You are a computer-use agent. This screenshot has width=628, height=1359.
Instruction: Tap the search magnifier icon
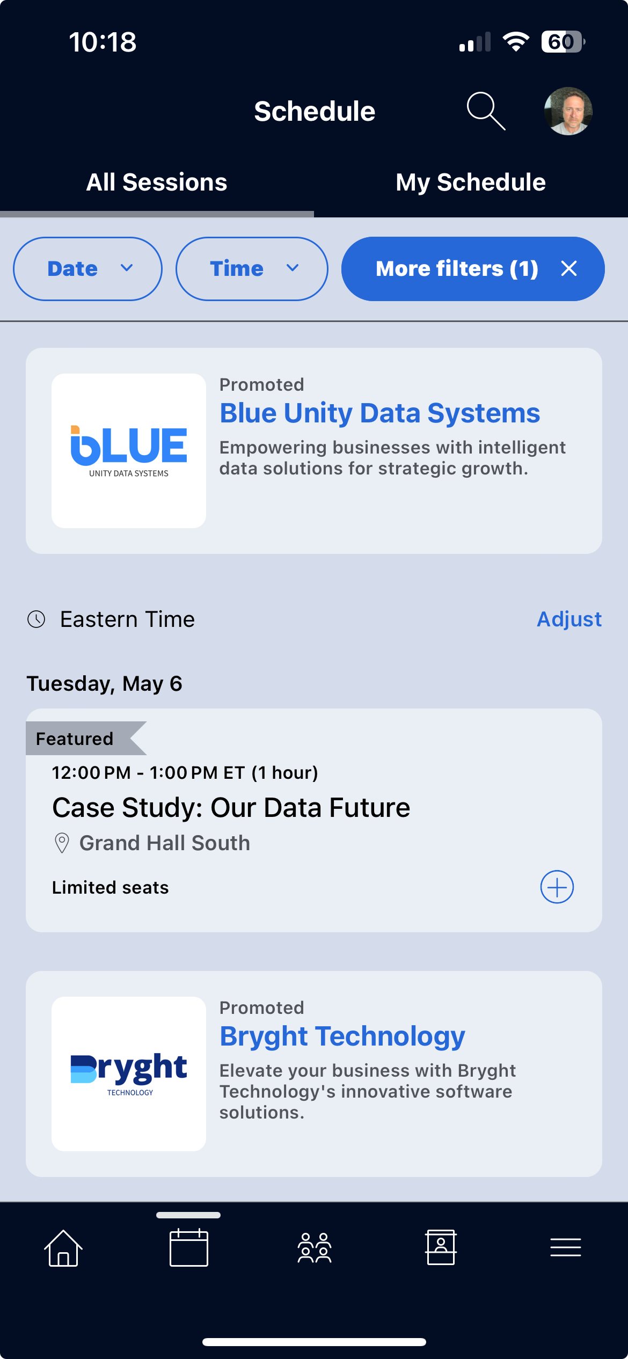486,111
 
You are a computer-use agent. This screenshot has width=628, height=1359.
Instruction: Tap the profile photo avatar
568,111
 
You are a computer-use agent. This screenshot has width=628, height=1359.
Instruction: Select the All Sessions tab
157,182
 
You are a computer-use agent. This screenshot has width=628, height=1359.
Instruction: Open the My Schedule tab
471,182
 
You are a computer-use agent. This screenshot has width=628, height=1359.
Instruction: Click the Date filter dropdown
87,268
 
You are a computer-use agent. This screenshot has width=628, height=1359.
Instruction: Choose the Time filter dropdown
252,268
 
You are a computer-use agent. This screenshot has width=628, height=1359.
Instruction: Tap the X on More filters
569,268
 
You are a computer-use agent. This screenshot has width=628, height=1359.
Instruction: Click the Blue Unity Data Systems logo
129,451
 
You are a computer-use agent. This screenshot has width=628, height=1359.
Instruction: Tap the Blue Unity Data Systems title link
380,413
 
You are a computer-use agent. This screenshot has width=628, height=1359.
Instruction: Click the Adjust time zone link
569,619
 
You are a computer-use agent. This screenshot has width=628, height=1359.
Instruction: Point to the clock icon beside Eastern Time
36,619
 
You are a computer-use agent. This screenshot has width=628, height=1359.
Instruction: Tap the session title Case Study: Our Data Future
231,808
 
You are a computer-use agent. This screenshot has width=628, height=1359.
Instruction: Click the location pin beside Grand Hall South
62,843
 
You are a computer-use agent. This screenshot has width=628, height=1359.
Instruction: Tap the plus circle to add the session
557,887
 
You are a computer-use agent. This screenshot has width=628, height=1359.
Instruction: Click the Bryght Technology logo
129,1074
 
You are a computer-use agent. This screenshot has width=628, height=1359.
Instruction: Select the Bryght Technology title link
342,1036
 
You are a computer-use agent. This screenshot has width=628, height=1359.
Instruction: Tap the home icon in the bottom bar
63,1248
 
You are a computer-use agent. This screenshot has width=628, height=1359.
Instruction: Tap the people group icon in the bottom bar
315,1248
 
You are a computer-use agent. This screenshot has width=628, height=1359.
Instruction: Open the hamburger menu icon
566,1247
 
